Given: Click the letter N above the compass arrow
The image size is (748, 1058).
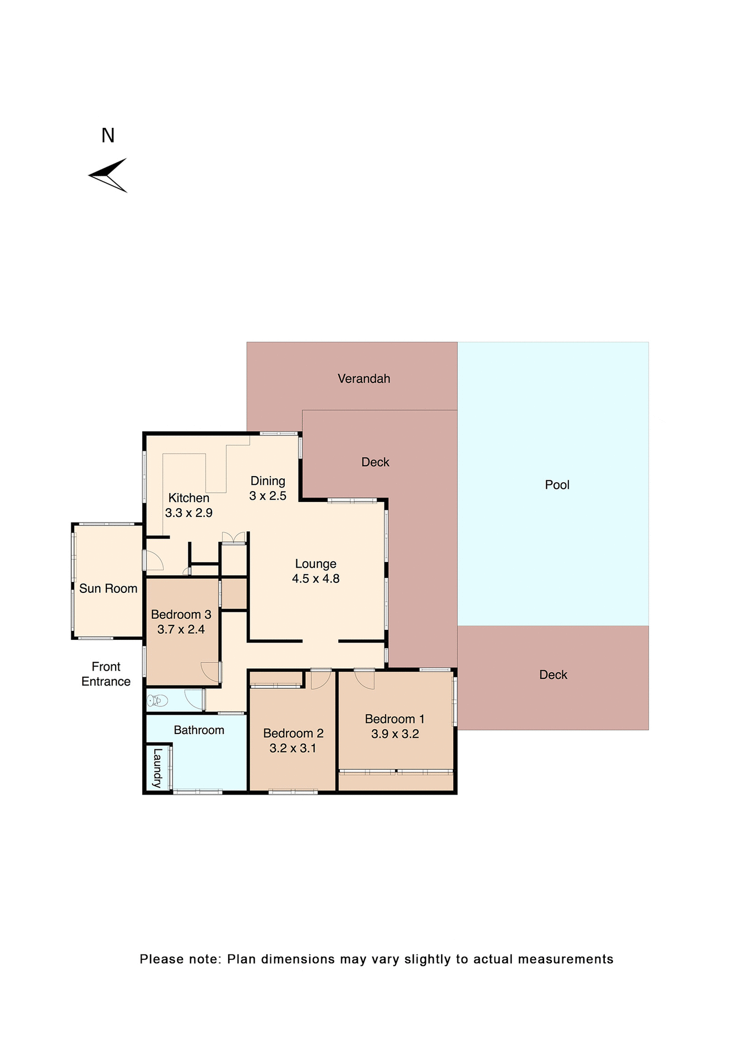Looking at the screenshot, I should click(108, 136).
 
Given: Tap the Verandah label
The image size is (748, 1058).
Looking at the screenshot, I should click(364, 379).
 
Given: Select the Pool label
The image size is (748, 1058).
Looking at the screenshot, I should click(557, 485).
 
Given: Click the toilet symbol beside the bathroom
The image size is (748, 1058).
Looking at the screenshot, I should click(157, 701).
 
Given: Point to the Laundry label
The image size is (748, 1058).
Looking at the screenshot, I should click(158, 768).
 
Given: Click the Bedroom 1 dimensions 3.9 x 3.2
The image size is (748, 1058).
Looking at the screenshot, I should click(395, 734).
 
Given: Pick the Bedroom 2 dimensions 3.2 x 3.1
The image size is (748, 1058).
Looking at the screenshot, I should click(292, 748).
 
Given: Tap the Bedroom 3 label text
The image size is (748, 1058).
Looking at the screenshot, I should click(181, 614).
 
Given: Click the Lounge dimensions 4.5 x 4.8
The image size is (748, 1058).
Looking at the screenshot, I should click(316, 579).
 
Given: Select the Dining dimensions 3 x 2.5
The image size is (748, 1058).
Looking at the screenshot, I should click(268, 496).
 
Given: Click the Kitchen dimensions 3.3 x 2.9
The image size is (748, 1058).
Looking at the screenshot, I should click(189, 513).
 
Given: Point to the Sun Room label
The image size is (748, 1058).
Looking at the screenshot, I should click(108, 589).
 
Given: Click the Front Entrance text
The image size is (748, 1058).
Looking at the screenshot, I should click(106, 674).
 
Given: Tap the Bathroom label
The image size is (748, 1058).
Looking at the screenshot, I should click(199, 730).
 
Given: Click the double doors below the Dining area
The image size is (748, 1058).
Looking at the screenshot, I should click(234, 538).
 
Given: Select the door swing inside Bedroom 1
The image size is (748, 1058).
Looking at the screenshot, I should click(365, 679).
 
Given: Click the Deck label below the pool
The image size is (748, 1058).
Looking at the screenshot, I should click(553, 675).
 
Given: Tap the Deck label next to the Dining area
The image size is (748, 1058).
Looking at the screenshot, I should click(375, 462).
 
